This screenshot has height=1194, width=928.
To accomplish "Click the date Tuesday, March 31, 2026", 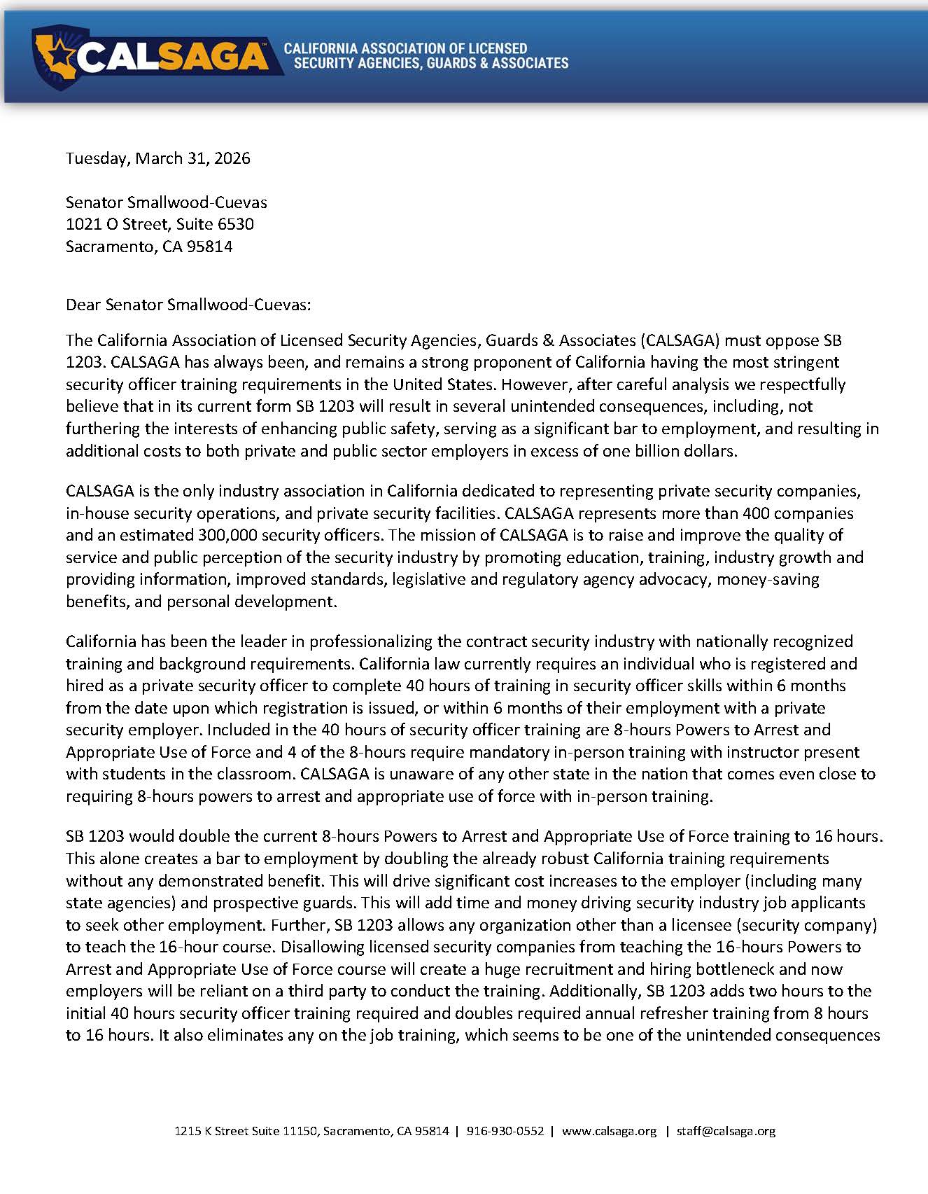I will tap(158, 158).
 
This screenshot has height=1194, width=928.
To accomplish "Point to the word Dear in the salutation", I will tap(83, 305).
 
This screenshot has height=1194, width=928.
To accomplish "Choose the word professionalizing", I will tap(371, 641).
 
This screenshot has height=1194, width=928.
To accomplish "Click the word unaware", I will tap(419, 774).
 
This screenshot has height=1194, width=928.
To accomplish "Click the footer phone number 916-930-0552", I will tap(505, 1131).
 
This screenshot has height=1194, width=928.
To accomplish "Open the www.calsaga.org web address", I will tap(609, 1131).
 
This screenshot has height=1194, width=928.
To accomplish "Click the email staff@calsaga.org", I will tap(726, 1131).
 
